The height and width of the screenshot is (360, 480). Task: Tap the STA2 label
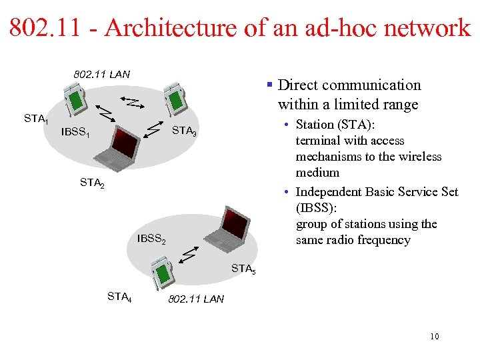coord(92,181)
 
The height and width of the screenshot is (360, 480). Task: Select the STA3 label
coord(184,131)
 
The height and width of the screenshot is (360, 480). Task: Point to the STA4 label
coord(119,297)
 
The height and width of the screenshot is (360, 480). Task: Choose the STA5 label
coord(243,269)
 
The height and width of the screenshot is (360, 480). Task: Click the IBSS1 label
coord(75,132)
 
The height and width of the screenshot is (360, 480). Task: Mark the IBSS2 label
coord(151,239)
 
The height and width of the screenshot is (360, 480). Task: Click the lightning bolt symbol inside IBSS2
coord(189,254)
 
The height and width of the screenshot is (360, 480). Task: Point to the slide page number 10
coord(434,337)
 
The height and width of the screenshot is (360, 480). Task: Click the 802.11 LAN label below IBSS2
coord(196,299)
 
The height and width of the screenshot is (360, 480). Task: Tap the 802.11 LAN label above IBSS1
coord(102,74)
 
